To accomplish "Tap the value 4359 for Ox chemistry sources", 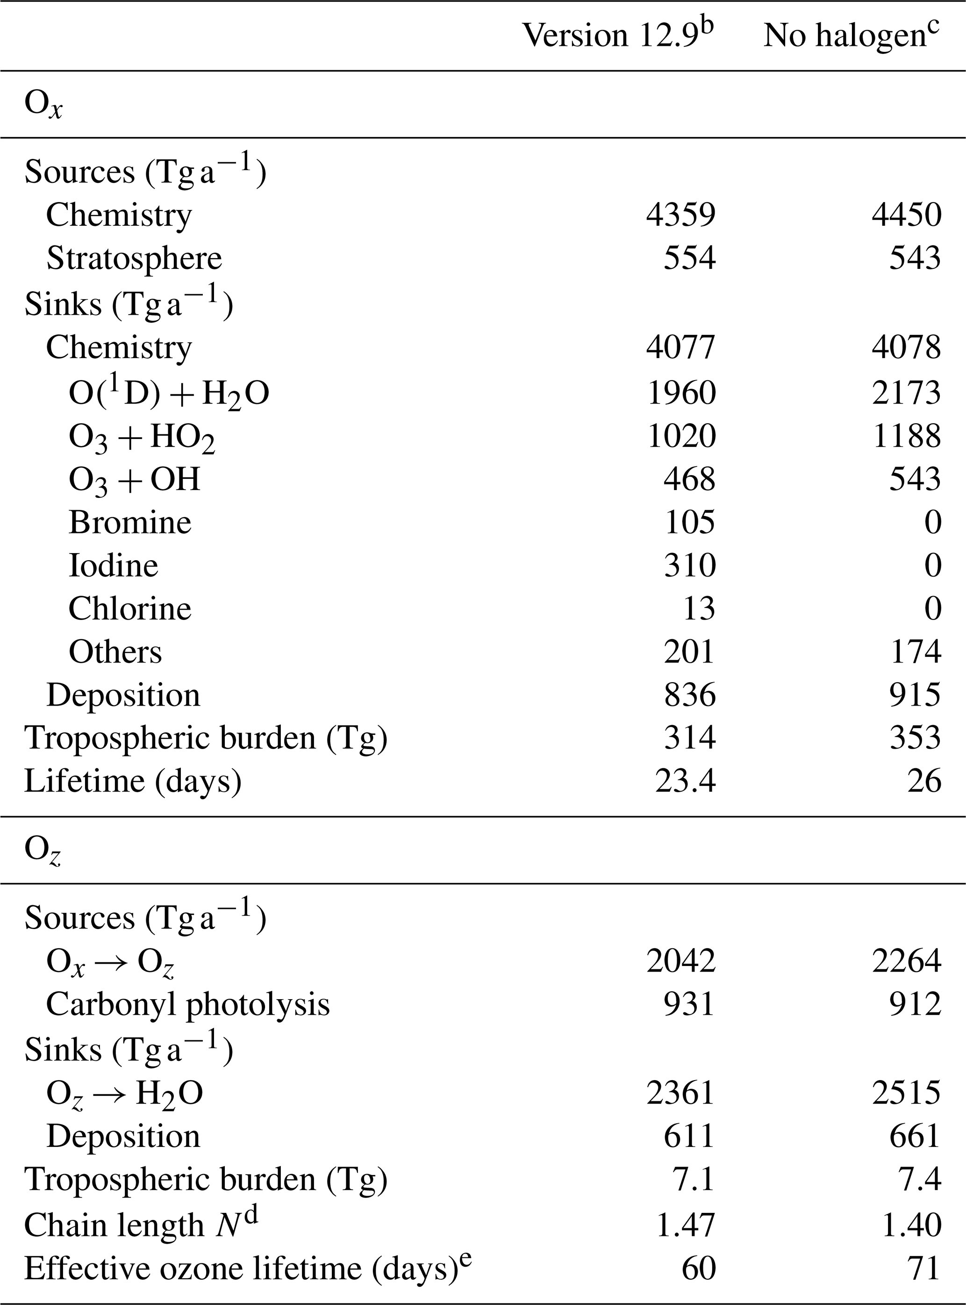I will click(680, 215).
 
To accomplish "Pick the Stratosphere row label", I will click(134, 258).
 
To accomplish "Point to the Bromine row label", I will click(130, 522).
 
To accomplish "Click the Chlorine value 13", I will click(699, 609).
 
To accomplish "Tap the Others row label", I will click(115, 652).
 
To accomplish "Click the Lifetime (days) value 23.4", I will click(685, 781).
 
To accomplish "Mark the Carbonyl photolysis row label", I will click(188, 1004).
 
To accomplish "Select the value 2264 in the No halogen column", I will click(906, 961).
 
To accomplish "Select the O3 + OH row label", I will click(135, 480).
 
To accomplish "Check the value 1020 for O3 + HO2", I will click(680, 436).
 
